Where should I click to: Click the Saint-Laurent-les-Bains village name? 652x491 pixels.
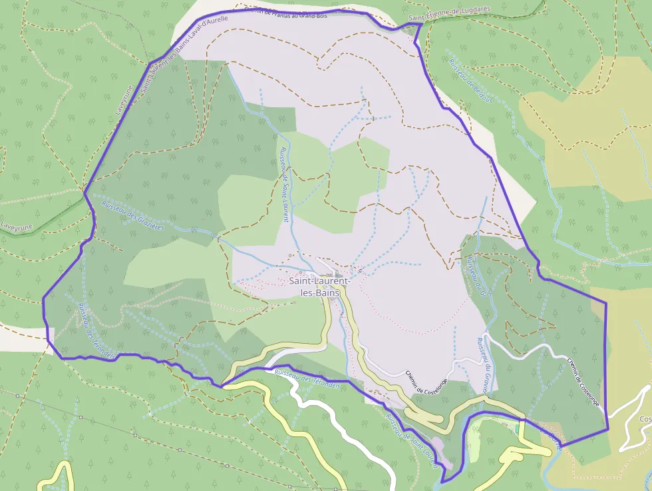pos(315,287)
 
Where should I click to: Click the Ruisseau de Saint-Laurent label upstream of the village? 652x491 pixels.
pos(283,185)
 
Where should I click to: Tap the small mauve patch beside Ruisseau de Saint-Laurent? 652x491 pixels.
pos(437,443)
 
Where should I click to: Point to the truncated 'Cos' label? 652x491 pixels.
pos(645,419)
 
